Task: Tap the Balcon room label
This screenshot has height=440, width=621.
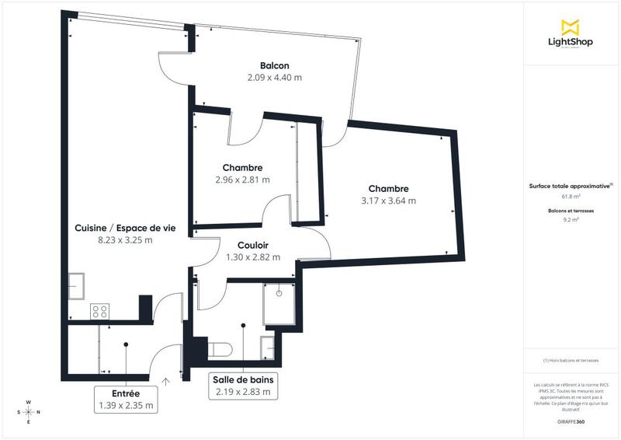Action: (x=275, y=66)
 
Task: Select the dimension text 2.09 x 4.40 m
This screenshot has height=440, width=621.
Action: (x=275, y=78)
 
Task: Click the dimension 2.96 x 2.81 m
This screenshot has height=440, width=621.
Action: (x=242, y=180)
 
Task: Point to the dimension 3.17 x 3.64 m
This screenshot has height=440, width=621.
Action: (x=388, y=201)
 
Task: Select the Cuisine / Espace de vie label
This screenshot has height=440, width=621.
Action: (x=125, y=228)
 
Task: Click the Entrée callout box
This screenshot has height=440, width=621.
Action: (x=126, y=399)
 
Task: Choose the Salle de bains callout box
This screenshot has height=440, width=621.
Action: (x=243, y=386)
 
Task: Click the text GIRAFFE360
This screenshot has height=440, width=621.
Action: (x=571, y=421)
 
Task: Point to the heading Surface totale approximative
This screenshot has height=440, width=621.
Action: (x=571, y=187)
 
